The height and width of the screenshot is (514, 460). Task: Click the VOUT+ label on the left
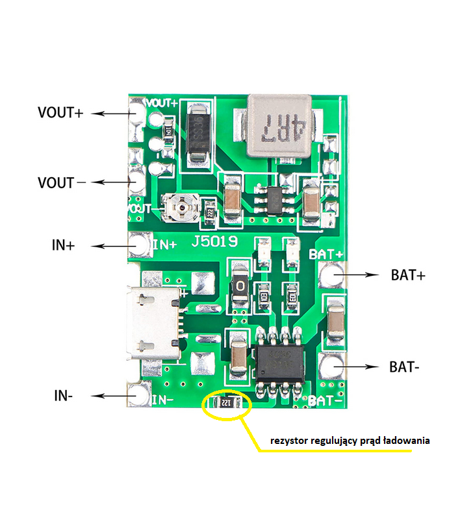click(x=60, y=112)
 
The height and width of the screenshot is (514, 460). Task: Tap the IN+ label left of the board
click(x=63, y=246)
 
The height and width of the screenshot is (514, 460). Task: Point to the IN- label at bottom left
click(x=63, y=395)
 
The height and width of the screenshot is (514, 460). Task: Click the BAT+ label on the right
click(x=408, y=275)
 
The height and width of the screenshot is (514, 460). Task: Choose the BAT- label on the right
click(x=404, y=367)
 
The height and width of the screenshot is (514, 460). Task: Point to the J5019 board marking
click(x=214, y=242)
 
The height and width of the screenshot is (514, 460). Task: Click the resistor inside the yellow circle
click(x=226, y=404)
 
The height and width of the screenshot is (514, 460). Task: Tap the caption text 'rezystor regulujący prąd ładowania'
click(x=350, y=441)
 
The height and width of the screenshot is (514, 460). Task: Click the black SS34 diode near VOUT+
click(x=197, y=134)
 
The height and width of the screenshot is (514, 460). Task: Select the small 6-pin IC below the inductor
click(x=272, y=197)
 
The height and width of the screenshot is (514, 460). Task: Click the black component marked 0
click(x=240, y=285)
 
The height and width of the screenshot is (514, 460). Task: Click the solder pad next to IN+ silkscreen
click(x=138, y=245)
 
